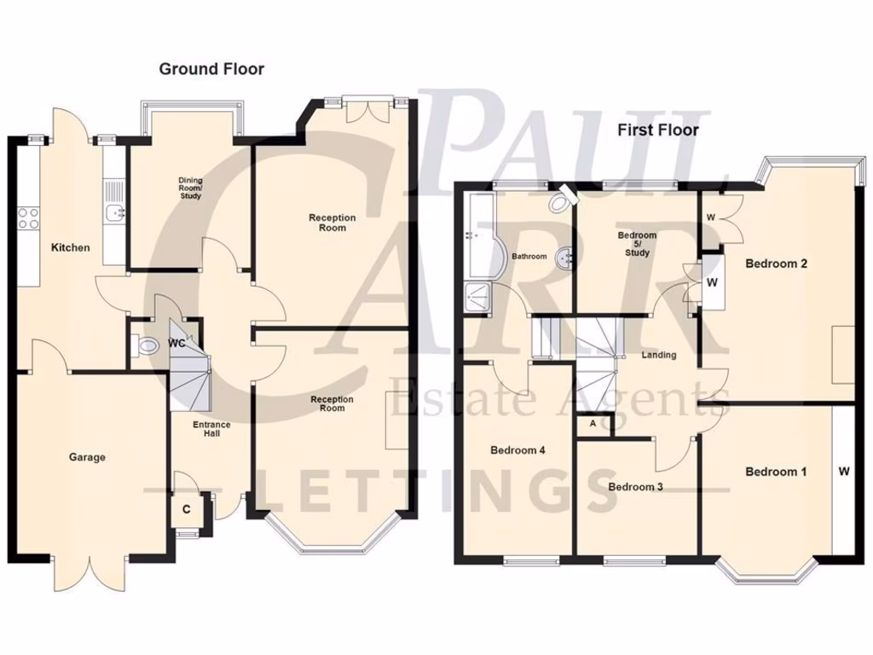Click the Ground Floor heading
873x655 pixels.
(211, 69)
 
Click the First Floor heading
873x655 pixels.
(658, 130)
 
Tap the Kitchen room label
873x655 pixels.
(70, 247)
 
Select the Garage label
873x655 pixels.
(87, 457)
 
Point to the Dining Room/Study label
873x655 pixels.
(190, 188)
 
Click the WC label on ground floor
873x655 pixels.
(177, 344)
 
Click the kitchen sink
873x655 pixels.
(113, 212)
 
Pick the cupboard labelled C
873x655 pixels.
(185, 510)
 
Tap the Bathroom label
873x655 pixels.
(529, 256)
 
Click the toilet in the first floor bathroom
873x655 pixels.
(560, 201)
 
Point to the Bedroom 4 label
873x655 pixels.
(517, 449)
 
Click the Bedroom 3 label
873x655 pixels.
(635, 487)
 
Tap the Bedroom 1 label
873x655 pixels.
(776, 472)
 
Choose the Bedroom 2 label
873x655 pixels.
(776, 264)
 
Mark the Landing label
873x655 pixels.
(658, 355)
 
